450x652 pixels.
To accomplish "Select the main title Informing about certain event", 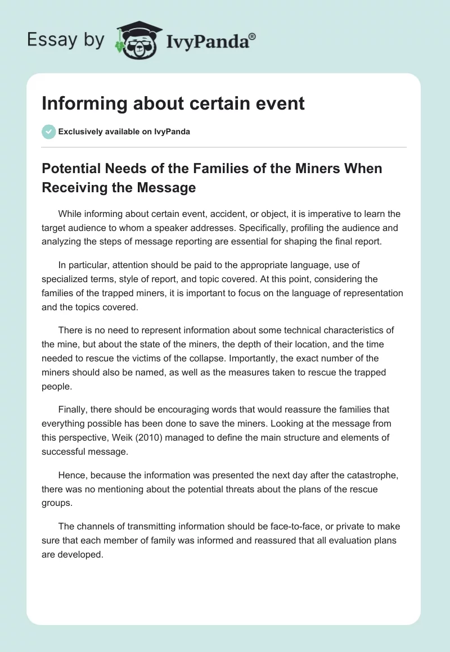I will pos(173,103).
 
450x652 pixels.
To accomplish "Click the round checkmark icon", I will pos(48,132).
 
